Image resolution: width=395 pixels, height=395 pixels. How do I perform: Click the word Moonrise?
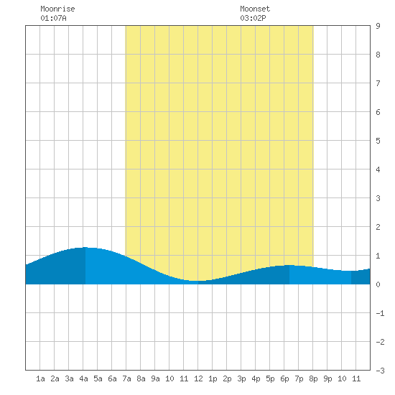pyautogui.click(x=57, y=9)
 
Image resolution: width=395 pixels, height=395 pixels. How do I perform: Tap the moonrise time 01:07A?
pyautogui.click(x=53, y=18)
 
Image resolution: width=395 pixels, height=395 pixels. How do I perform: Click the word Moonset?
pyautogui.click(x=255, y=9)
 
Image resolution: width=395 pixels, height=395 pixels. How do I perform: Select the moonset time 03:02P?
pyautogui.click(x=253, y=18)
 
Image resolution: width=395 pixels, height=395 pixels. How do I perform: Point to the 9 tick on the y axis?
pyautogui.click(x=378, y=26)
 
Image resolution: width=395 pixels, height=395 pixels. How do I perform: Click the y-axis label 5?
pyautogui.click(x=378, y=141)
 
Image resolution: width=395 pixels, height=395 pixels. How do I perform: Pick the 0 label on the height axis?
pyautogui.click(x=378, y=284)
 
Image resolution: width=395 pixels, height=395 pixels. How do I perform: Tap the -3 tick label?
pyautogui.click(x=380, y=371)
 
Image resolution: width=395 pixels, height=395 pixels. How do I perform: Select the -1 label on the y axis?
pyautogui.click(x=380, y=313)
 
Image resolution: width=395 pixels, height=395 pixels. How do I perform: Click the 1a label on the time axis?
pyautogui.click(x=40, y=378)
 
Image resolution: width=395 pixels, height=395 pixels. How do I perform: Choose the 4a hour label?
pyautogui.click(x=83, y=378)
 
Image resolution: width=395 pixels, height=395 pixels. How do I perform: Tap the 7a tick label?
pyautogui.click(x=126, y=378)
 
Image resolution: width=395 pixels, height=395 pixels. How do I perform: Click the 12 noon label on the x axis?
pyautogui.click(x=198, y=378)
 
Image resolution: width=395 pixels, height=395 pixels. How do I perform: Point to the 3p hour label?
pyautogui.click(x=241, y=378)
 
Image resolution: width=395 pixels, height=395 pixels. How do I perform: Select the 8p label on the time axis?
pyautogui.click(x=313, y=378)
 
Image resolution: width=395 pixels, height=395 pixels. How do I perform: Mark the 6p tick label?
pyautogui.click(x=284, y=378)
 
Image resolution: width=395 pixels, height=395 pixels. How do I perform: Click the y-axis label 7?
pyautogui.click(x=378, y=83)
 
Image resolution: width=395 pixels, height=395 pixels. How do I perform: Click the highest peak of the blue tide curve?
pyautogui.click(x=85, y=247)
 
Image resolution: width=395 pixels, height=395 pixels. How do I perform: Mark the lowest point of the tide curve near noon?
pyautogui.click(x=197, y=281)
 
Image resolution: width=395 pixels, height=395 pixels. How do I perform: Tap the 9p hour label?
pyautogui.click(x=327, y=378)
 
